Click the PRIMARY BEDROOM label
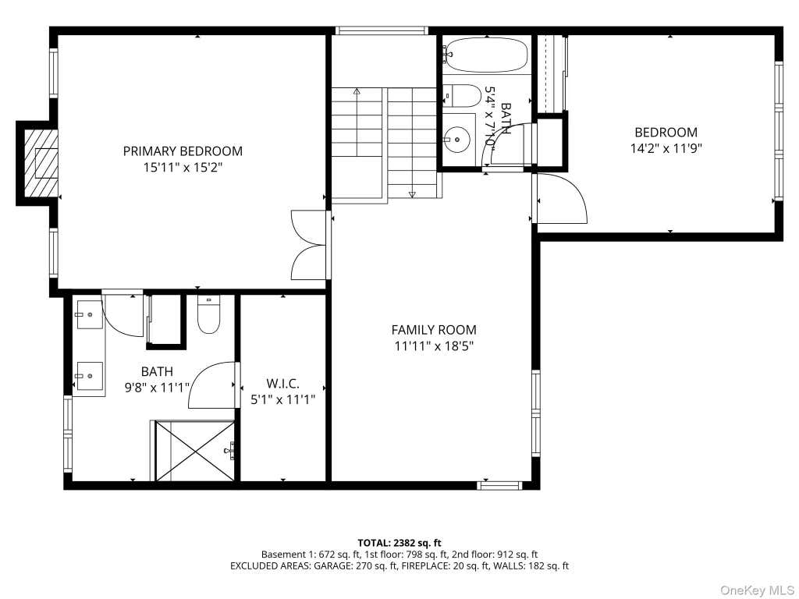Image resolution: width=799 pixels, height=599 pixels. pos(183,151)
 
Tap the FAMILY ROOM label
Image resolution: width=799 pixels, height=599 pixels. pos(434,330)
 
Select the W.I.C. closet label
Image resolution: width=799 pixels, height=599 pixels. pos(282,384)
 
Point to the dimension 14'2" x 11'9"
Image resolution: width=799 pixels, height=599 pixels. pos(666,149)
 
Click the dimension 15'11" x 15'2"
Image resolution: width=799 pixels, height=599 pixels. pos(183,168)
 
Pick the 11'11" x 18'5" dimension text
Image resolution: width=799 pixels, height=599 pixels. pos(434,346)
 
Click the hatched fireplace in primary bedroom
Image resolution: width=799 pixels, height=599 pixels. pos(41,163)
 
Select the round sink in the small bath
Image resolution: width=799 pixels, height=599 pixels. pos(456,139)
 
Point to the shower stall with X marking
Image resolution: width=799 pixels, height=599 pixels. pos(195,451)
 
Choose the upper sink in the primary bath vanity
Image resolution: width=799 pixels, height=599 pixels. pos(90,314)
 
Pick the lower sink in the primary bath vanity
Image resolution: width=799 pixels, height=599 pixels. pos(90,377)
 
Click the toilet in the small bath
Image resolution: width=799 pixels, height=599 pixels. pos(462,96)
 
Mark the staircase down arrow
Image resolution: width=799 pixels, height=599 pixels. pos(412,194)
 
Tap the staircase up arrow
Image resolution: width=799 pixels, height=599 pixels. pos(357,92)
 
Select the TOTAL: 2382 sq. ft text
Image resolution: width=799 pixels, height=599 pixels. pos(399,543)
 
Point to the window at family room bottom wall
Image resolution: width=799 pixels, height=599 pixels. pos(500,485)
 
